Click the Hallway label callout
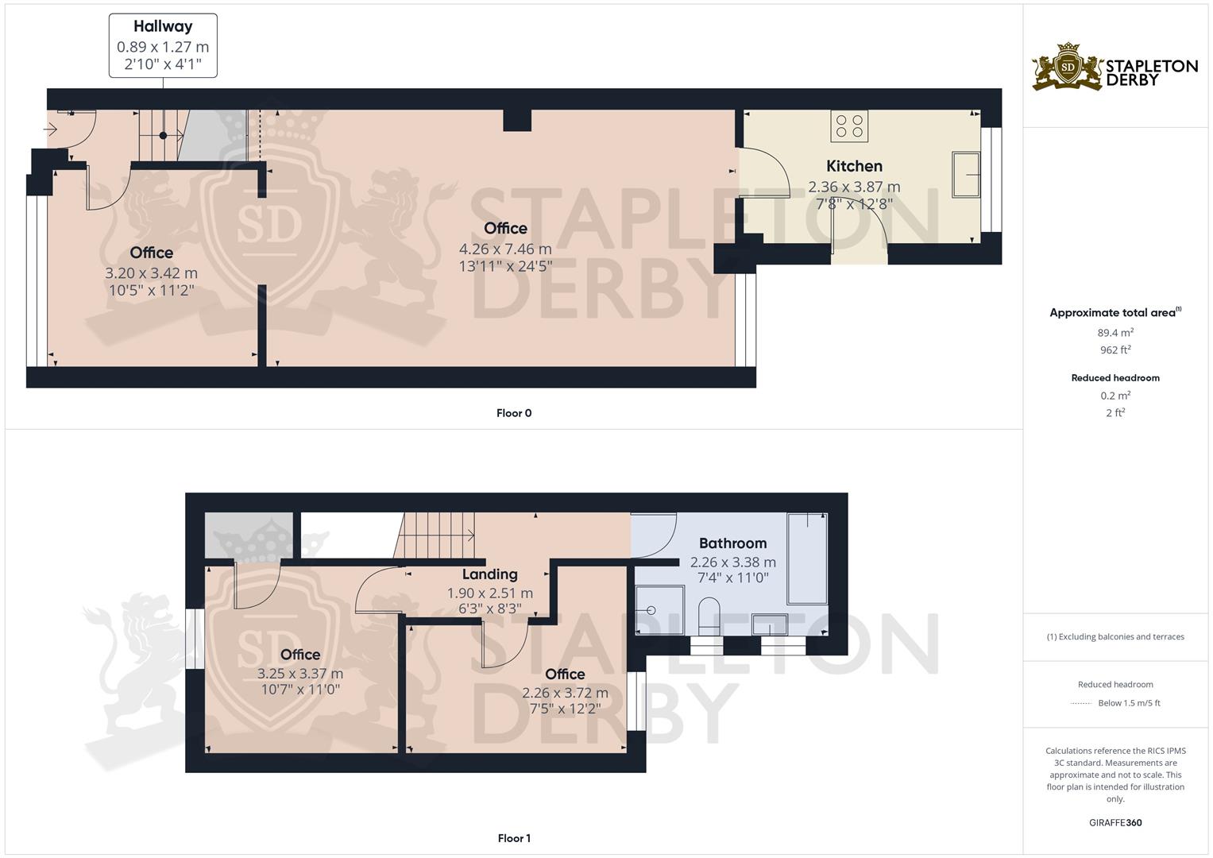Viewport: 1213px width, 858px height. coord(163,45)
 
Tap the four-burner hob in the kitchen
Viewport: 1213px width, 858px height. coord(849,126)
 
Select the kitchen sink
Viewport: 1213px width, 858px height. coord(966,173)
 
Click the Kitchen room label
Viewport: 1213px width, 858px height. coord(854,166)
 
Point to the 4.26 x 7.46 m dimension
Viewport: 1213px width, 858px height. coord(504,249)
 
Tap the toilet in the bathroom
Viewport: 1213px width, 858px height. coord(708,616)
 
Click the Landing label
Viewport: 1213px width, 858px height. coord(489,574)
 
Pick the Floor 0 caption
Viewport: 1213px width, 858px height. coord(514,413)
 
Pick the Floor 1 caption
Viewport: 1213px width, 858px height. coord(514,838)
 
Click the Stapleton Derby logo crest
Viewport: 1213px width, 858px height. coord(1068,68)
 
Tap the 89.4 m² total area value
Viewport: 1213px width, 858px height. coord(1115,333)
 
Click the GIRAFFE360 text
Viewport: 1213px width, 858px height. coord(1115,822)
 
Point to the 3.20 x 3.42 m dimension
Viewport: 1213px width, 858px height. coord(151,272)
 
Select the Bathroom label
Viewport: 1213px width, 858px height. coord(732,543)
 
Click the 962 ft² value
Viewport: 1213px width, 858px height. coord(1115,350)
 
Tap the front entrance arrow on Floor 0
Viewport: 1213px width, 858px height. coord(52,129)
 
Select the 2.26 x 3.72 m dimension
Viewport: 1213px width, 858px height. coord(565,693)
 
